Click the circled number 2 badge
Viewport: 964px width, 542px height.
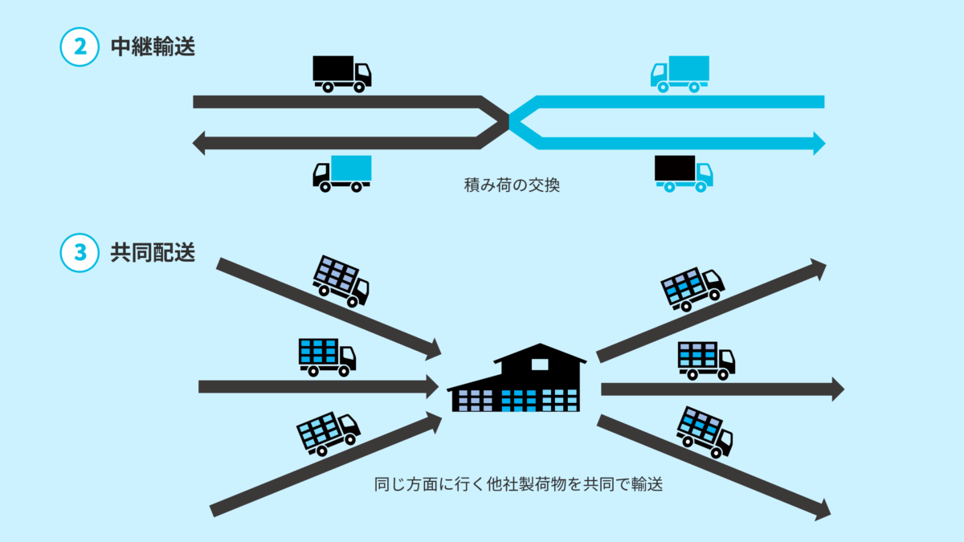pyautogui.click(x=80, y=47)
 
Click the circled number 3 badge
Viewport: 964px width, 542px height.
pyautogui.click(x=80, y=252)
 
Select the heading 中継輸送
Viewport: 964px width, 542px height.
pyautogui.click(x=153, y=47)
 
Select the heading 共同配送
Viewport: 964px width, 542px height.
pyautogui.click(x=153, y=252)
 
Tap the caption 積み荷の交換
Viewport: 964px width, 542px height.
pyautogui.click(x=512, y=185)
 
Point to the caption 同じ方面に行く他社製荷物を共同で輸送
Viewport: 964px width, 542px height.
pyautogui.click(x=518, y=485)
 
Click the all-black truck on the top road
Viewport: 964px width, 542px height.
pyautogui.click(x=341, y=73)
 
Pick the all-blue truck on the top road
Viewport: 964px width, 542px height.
pyautogui.click(x=680, y=73)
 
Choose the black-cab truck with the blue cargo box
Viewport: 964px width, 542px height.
pyautogui.click(x=342, y=173)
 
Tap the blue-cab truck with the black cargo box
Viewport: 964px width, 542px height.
pyautogui.click(x=684, y=173)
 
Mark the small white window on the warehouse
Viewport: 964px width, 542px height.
pyautogui.click(x=540, y=364)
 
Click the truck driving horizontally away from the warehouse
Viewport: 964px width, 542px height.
pyautogui.click(x=706, y=360)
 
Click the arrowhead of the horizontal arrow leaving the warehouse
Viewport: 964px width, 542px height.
pyautogui.click(x=838, y=389)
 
